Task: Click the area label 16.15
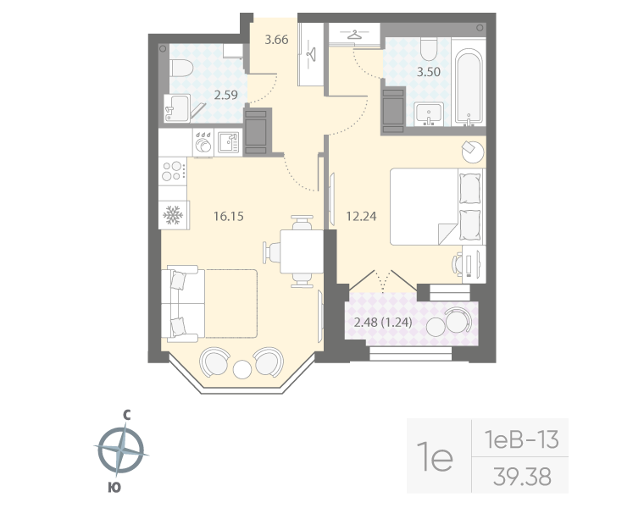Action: (228, 217)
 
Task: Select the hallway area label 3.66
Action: (277, 39)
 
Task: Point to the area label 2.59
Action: (225, 96)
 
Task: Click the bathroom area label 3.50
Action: (428, 72)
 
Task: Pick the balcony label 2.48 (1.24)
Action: (389, 323)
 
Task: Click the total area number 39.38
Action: (521, 478)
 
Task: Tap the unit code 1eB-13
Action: (519, 439)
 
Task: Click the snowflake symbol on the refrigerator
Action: (173, 215)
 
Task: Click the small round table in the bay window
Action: (242, 369)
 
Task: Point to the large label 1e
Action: (438, 458)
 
